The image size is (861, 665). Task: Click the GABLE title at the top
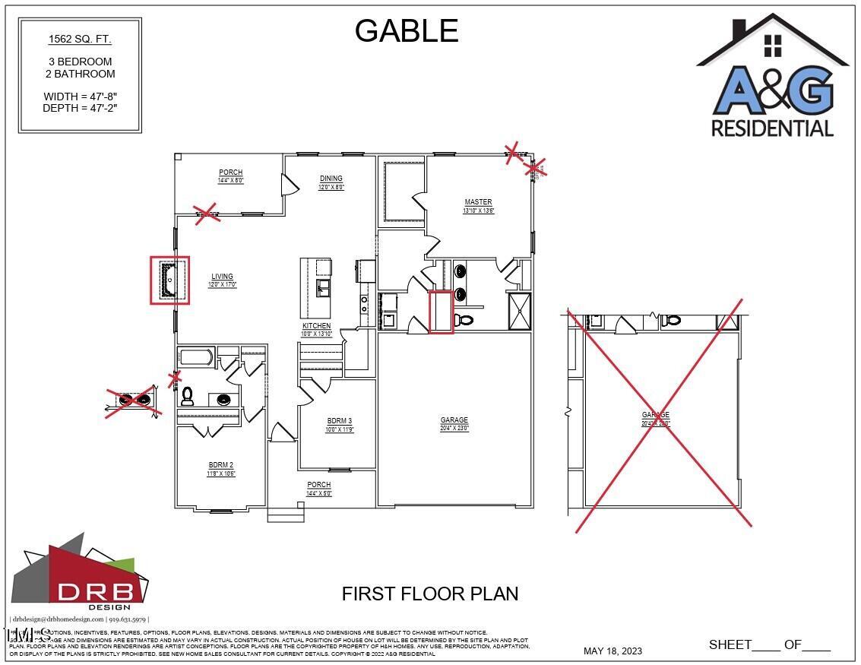407,31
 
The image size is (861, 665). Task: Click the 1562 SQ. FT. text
80,39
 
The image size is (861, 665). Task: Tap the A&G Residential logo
772,77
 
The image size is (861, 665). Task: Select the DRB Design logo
80,573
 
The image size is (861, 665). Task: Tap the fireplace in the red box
169,280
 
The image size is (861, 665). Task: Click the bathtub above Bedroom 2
196,356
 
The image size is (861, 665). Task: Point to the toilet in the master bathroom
464,320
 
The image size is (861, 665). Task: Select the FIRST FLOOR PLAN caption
430,594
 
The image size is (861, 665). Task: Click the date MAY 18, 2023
613,651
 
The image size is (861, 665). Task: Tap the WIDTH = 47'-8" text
80,97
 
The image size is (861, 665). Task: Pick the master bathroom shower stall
520,310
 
